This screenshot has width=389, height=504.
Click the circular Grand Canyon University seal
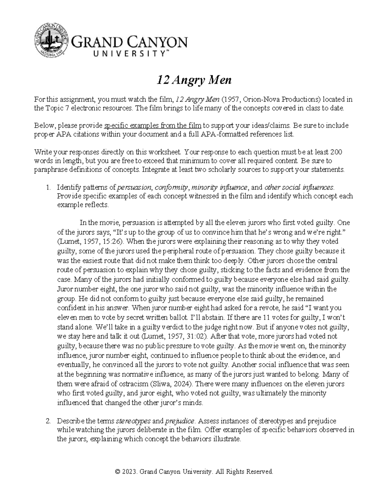click(51, 41)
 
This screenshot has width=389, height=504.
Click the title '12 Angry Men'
click(194, 80)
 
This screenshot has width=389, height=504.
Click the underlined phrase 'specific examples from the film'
click(152, 126)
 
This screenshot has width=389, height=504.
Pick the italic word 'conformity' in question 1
click(171, 187)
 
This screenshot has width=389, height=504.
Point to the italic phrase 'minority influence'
click(220, 187)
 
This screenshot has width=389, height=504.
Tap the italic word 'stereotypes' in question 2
click(133, 421)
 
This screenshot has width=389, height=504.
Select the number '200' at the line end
click(336, 152)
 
